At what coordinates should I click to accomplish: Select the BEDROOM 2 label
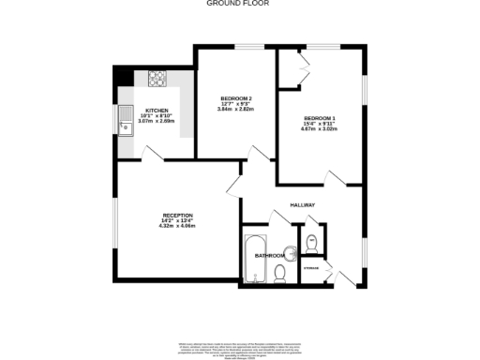point(237,98)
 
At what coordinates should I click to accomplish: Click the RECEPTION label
point(177,215)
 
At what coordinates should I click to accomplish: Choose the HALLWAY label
point(302,204)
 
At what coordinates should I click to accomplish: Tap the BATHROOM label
point(271,254)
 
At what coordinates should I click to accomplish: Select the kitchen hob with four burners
point(156,80)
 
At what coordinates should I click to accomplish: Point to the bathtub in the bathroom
point(254,259)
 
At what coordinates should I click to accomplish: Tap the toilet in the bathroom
point(280,273)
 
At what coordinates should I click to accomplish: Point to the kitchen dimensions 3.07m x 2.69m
point(156,122)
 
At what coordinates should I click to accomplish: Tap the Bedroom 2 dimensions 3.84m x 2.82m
point(237,110)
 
